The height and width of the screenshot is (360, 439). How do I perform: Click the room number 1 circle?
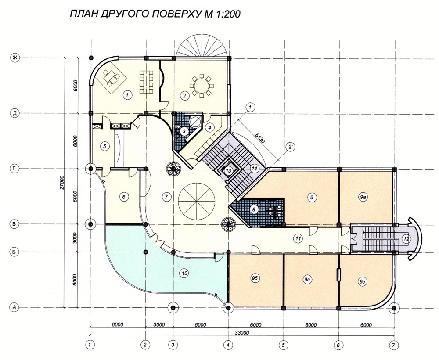(x=127, y=95)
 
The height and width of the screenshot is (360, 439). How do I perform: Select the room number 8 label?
(x=254, y=209)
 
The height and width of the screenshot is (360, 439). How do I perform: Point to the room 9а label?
(x=363, y=197)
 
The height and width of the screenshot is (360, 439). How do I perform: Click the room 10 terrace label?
(x=184, y=273)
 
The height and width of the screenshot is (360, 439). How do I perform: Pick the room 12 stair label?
(x=406, y=239)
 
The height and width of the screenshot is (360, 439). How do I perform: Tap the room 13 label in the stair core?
(x=228, y=170)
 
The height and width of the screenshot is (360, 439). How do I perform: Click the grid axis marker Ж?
(x=14, y=58)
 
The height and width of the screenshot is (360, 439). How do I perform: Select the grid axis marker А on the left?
(x=14, y=307)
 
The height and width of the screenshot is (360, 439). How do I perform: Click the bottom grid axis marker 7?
(x=394, y=345)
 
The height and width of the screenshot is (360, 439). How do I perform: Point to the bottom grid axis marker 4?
(x=228, y=345)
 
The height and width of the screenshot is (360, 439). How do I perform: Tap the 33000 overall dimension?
(x=241, y=333)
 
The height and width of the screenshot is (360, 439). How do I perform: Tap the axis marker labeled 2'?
(x=289, y=147)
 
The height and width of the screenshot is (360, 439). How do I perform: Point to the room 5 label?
(x=104, y=146)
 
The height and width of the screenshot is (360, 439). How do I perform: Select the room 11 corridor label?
(x=298, y=238)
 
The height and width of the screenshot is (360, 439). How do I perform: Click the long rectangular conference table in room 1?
(x=146, y=82)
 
